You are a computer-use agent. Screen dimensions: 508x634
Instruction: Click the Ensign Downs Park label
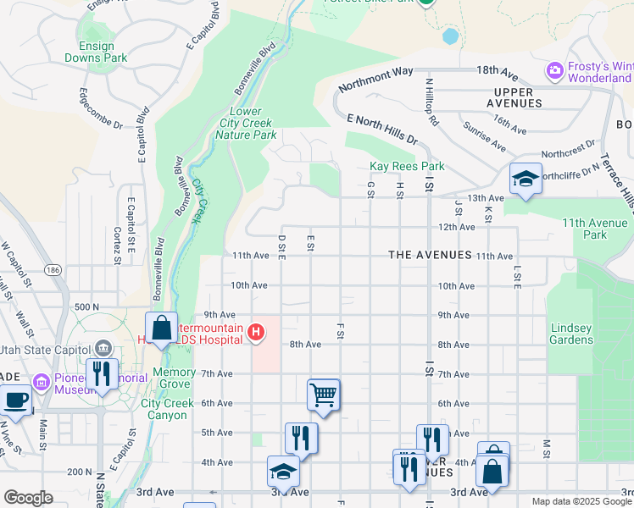pyautogui.click(x=97, y=52)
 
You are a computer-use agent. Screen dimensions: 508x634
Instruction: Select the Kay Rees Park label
pyautogui.click(x=407, y=167)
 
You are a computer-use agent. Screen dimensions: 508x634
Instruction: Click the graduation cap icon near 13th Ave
pyautogui.click(x=526, y=179)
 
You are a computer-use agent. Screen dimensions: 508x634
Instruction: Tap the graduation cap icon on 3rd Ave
pyautogui.click(x=283, y=471)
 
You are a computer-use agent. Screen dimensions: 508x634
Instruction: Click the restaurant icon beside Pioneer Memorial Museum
pyautogui.click(x=102, y=373)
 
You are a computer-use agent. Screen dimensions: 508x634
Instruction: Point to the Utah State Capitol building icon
pyautogui.click(x=103, y=347)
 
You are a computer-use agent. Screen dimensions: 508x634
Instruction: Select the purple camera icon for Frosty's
pyautogui.click(x=555, y=69)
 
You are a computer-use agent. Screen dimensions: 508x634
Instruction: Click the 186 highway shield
pyautogui.click(x=53, y=269)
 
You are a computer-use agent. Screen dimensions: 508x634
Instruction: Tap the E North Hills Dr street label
pyautogui.click(x=382, y=130)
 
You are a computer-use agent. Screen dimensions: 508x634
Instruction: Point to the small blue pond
pyautogui.click(x=450, y=36)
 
